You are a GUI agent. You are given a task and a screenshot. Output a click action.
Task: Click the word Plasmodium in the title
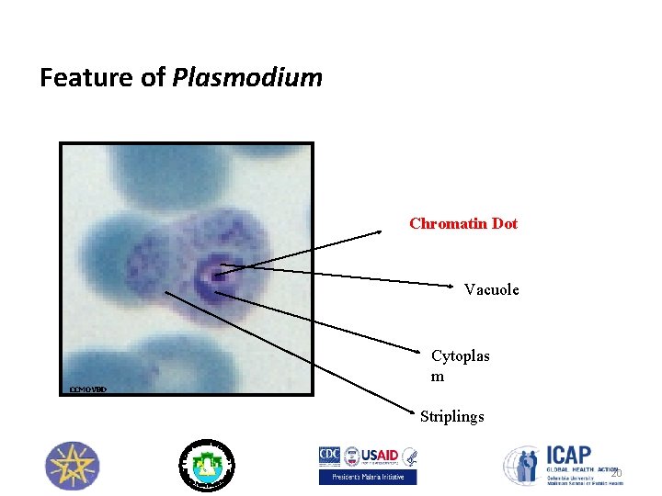coord(247,77)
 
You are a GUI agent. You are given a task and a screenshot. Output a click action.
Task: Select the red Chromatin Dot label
coord(463,223)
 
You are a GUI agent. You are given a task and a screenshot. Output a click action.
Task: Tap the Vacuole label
coord(491,289)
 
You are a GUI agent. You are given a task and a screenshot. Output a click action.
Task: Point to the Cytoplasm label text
coord(460,366)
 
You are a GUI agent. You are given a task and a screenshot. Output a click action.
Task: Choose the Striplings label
coord(451,417)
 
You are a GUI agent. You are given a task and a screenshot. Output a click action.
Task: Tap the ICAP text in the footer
coord(570,456)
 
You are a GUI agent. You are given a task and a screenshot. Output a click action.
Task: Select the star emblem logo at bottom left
coord(72,465)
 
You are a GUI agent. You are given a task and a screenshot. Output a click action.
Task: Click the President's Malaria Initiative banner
coord(368,477)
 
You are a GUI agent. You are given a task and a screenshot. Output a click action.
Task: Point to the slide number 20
coord(616,474)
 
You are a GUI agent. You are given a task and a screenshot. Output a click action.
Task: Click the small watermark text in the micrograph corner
coord(88,389)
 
